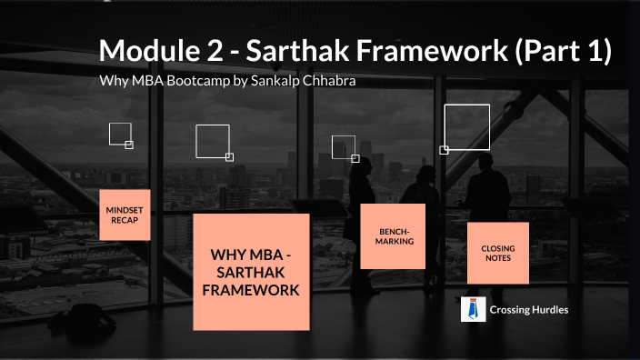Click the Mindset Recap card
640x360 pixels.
point(125,215)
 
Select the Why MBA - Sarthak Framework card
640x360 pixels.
point(251,272)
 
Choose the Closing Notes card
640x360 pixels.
point(497,252)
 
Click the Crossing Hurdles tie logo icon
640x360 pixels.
point(471,310)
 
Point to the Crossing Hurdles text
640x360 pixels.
point(530,310)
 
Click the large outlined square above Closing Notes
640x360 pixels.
point(466,127)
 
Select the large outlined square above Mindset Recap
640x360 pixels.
point(120,134)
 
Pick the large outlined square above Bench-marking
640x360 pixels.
point(343,146)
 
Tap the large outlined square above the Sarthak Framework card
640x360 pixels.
point(212,141)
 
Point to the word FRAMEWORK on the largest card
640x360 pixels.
point(251,291)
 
